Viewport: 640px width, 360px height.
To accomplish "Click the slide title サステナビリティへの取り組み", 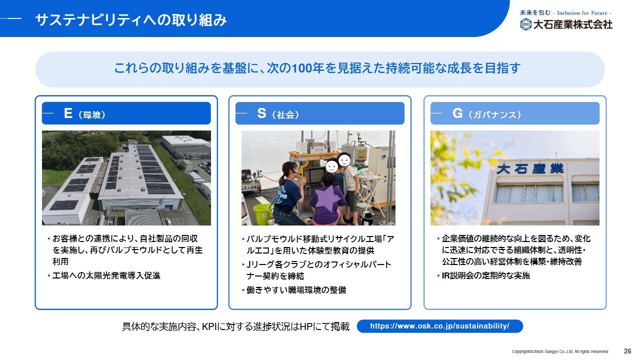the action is (131, 20).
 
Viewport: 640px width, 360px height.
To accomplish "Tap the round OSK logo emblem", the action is (525, 24).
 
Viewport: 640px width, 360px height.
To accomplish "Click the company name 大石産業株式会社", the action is (573, 24).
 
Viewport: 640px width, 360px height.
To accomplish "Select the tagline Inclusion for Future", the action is (582, 13).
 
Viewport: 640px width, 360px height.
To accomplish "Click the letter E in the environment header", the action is (68, 113).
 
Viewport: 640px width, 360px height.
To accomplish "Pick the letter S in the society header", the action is (261, 113).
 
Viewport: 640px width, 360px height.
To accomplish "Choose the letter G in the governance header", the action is (457, 113).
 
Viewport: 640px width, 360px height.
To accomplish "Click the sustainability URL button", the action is (439, 326).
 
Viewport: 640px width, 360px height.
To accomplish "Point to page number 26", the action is (627, 351).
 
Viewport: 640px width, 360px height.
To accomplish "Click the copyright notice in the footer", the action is (559, 351).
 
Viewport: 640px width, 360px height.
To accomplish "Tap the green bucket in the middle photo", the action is (263, 214).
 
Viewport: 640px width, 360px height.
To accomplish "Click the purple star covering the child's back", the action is (327, 198).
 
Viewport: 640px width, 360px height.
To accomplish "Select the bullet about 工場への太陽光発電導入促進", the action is (104, 275).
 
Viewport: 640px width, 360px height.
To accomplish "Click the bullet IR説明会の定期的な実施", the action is (483, 275).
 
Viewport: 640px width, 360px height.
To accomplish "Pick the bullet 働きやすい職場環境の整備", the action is (294, 290).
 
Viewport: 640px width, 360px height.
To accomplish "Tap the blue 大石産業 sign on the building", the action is (530, 168).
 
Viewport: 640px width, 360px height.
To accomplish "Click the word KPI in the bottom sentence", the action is (209, 326).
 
